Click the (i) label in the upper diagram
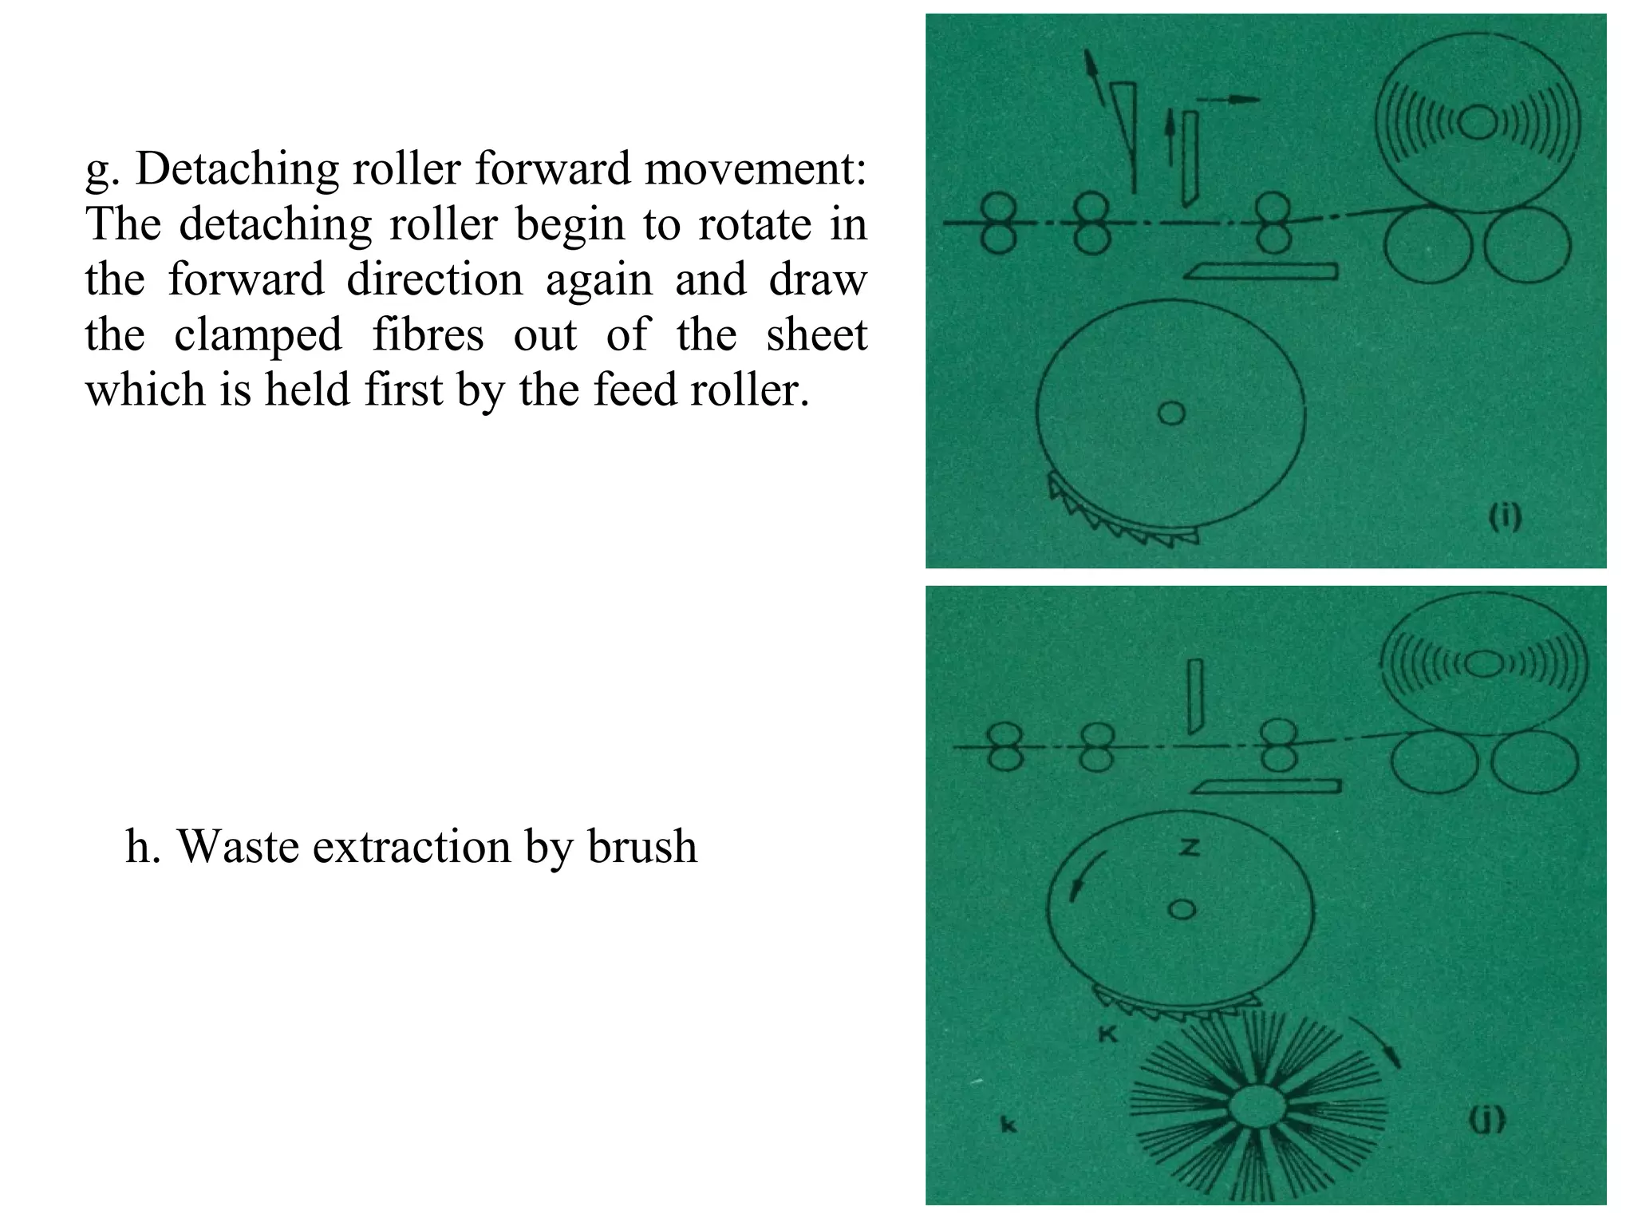coord(1506,518)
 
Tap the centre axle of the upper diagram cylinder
coord(1172,413)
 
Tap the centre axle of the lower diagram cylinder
coord(1182,909)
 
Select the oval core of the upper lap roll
coord(1478,122)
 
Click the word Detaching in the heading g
coord(234,169)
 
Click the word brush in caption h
coord(642,847)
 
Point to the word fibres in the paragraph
coord(428,334)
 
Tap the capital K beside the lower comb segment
coord(1108,1034)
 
